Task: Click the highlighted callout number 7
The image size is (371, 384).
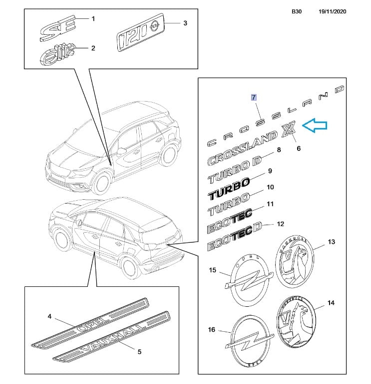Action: coord(254,97)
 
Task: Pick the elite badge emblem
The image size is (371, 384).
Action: coord(56,52)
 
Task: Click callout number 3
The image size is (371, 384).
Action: coord(185,23)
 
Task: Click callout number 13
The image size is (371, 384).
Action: coord(332,242)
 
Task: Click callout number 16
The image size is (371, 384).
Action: coord(212,329)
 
